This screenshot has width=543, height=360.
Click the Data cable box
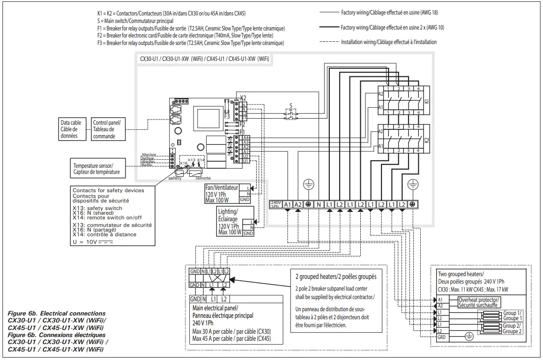[70, 129]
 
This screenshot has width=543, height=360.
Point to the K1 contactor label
[426, 101]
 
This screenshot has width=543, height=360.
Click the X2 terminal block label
[242, 97]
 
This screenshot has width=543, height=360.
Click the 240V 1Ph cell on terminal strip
[275, 204]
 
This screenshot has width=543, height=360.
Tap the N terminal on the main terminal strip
[319, 204]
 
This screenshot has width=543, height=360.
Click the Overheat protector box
[479, 302]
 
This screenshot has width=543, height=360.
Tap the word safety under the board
[175, 178]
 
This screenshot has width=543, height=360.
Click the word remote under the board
[203, 178]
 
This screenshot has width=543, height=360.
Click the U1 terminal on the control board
[245, 161]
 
